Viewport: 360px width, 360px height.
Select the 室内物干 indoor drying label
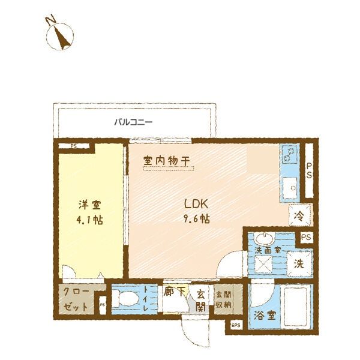pos(166,161)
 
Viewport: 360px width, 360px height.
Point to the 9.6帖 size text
pos(196,218)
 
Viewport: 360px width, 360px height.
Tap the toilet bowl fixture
pos(127,298)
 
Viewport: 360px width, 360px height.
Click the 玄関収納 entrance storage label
pos(223,299)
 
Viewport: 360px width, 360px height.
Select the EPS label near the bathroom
pos(235,326)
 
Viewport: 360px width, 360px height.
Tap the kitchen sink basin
pos(290,187)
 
